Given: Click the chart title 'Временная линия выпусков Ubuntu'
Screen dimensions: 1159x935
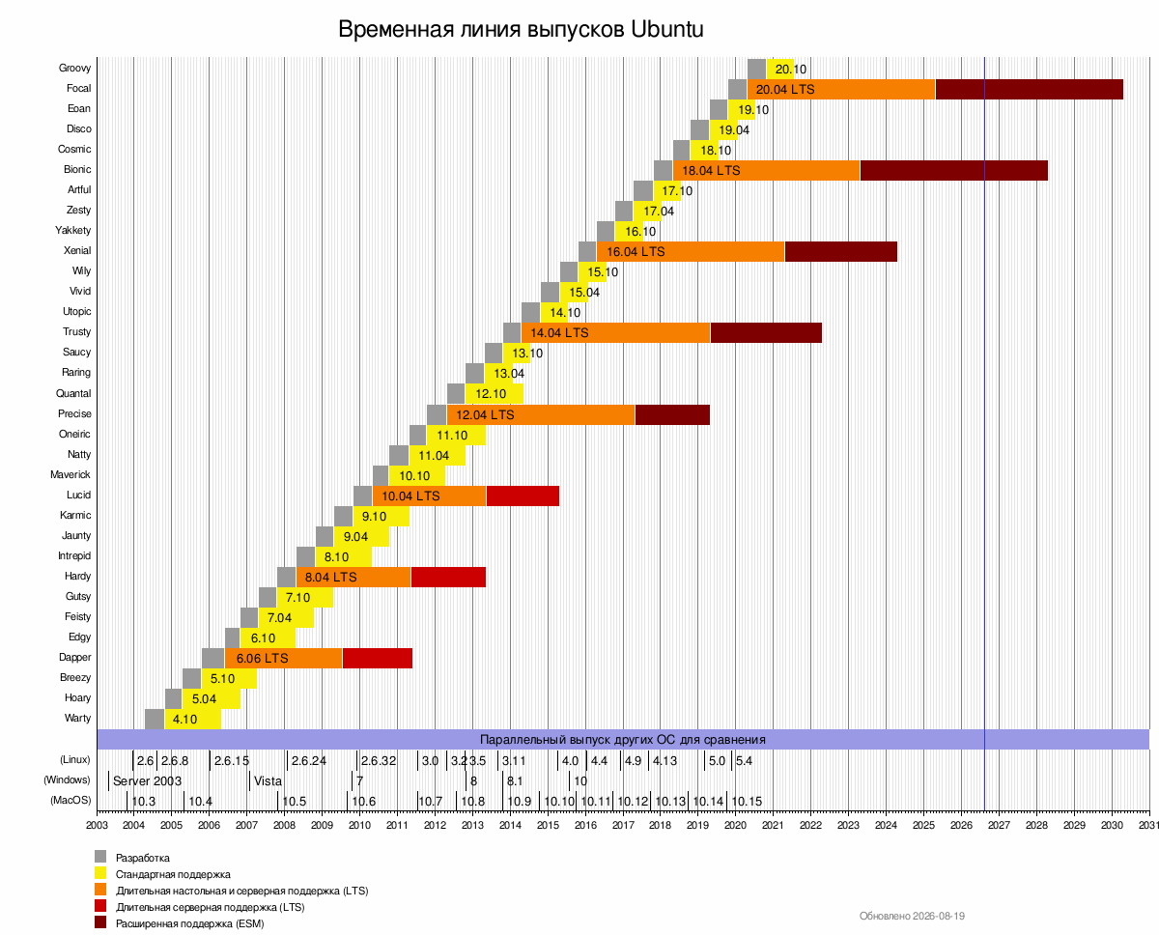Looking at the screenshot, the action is (x=521, y=29).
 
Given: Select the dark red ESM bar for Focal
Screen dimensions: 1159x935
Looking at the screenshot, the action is (x=1030, y=90).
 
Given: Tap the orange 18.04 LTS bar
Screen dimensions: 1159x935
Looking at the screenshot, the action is (x=766, y=171).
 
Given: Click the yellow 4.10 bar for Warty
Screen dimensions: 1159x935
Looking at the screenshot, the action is (x=193, y=720).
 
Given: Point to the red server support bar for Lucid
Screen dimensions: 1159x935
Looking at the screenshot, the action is (x=523, y=496).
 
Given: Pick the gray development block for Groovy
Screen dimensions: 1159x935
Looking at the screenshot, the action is (x=756, y=69).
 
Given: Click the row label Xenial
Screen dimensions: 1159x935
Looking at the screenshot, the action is (x=77, y=250).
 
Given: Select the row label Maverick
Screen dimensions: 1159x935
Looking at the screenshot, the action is (x=70, y=474).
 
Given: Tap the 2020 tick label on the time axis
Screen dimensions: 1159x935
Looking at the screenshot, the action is (x=735, y=825).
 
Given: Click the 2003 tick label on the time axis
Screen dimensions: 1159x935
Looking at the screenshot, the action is (x=97, y=825).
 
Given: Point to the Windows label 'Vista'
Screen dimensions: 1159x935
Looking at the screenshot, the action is (x=268, y=781).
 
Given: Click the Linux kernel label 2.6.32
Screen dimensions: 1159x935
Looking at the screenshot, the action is (x=378, y=761).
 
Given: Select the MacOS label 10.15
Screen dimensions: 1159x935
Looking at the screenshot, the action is (x=747, y=802).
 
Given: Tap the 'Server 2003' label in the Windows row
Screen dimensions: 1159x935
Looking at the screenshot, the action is (x=147, y=781).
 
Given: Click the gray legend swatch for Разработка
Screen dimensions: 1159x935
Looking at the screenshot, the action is (x=100, y=857).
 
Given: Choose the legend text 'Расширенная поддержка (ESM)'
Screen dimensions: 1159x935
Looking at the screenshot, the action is (x=190, y=923).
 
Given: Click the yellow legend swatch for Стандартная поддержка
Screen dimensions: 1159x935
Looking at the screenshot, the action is (x=100, y=873).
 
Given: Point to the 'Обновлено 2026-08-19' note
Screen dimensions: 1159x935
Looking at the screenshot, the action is (x=912, y=916).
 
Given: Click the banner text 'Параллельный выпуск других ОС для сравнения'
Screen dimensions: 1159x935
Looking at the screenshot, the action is (x=623, y=740).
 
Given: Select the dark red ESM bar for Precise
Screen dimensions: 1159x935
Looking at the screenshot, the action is (x=672, y=414).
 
